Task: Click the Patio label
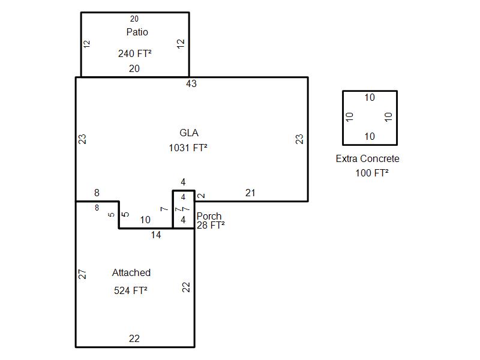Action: [x=137, y=32]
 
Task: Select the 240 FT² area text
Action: [x=134, y=53]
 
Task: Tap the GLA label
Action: [x=189, y=133]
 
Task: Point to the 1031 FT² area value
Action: [x=188, y=148]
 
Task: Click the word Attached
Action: [x=131, y=272]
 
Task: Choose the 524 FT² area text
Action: [x=131, y=290]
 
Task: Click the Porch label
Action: [x=209, y=216]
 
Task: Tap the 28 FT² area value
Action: [x=211, y=225]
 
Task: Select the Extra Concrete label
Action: [x=367, y=159]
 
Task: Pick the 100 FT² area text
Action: [x=372, y=173]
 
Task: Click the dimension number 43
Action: [x=191, y=83]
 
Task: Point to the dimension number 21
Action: [x=250, y=193]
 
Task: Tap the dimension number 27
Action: [x=83, y=274]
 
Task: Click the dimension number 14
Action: [x=156, y=235]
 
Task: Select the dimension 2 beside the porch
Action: [x=202, y=196]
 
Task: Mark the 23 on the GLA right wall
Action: [x=299, y=139]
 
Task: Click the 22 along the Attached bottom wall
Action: [x=134, y=339]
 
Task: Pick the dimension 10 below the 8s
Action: [x=145, y=220]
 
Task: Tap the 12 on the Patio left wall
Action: [x=87, y=44]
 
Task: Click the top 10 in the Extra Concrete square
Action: [x=370, y=98]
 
